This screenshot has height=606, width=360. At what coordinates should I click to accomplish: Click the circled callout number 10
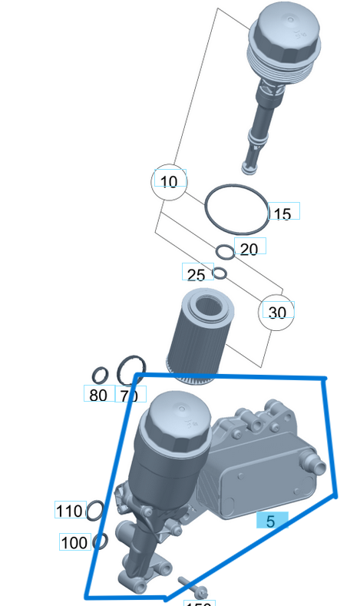tap(170, 181)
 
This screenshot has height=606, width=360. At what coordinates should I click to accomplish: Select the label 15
tap(282, 214)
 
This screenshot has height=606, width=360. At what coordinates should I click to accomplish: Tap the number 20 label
tap(249, 249)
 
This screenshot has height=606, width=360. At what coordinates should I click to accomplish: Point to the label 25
tap(196, 274)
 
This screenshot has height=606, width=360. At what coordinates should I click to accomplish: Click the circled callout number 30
tap(276, 313)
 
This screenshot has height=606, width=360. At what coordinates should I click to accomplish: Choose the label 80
tap(98, 396)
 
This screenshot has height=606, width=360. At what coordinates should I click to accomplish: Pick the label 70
tap(129, 396)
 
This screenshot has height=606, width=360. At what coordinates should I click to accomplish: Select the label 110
tap(70, 511)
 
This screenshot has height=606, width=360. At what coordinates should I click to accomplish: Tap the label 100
tap(74, 542)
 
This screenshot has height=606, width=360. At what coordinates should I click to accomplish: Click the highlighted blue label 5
tap(271, 522)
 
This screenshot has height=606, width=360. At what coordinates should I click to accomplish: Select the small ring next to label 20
tap(224, 251)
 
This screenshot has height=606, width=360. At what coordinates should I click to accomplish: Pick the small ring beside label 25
tap(220, 273)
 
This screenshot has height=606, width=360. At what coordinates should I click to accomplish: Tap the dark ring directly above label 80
tap(100, 376)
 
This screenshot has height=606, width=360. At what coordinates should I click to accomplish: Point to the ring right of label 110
tap(95, 509)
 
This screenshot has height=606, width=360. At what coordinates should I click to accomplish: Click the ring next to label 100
tap(100, 541)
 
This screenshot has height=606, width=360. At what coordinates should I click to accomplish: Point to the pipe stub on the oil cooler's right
tap(313, 463)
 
